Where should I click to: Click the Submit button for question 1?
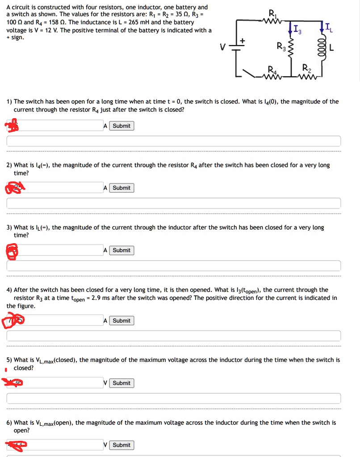[x=121, y=126]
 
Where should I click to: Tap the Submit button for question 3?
[x=121, y=250]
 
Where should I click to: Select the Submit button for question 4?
[x=121, y=321]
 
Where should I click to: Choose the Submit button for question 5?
[x=121, y=383]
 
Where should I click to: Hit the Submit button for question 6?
[x=121, y=445]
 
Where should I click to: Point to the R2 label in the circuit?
[x=306, y=68]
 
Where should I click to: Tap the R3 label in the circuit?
[x=280, y=46]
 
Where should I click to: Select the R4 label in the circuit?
[x=272, y=70]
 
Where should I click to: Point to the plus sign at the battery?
[x=243, y=41]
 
